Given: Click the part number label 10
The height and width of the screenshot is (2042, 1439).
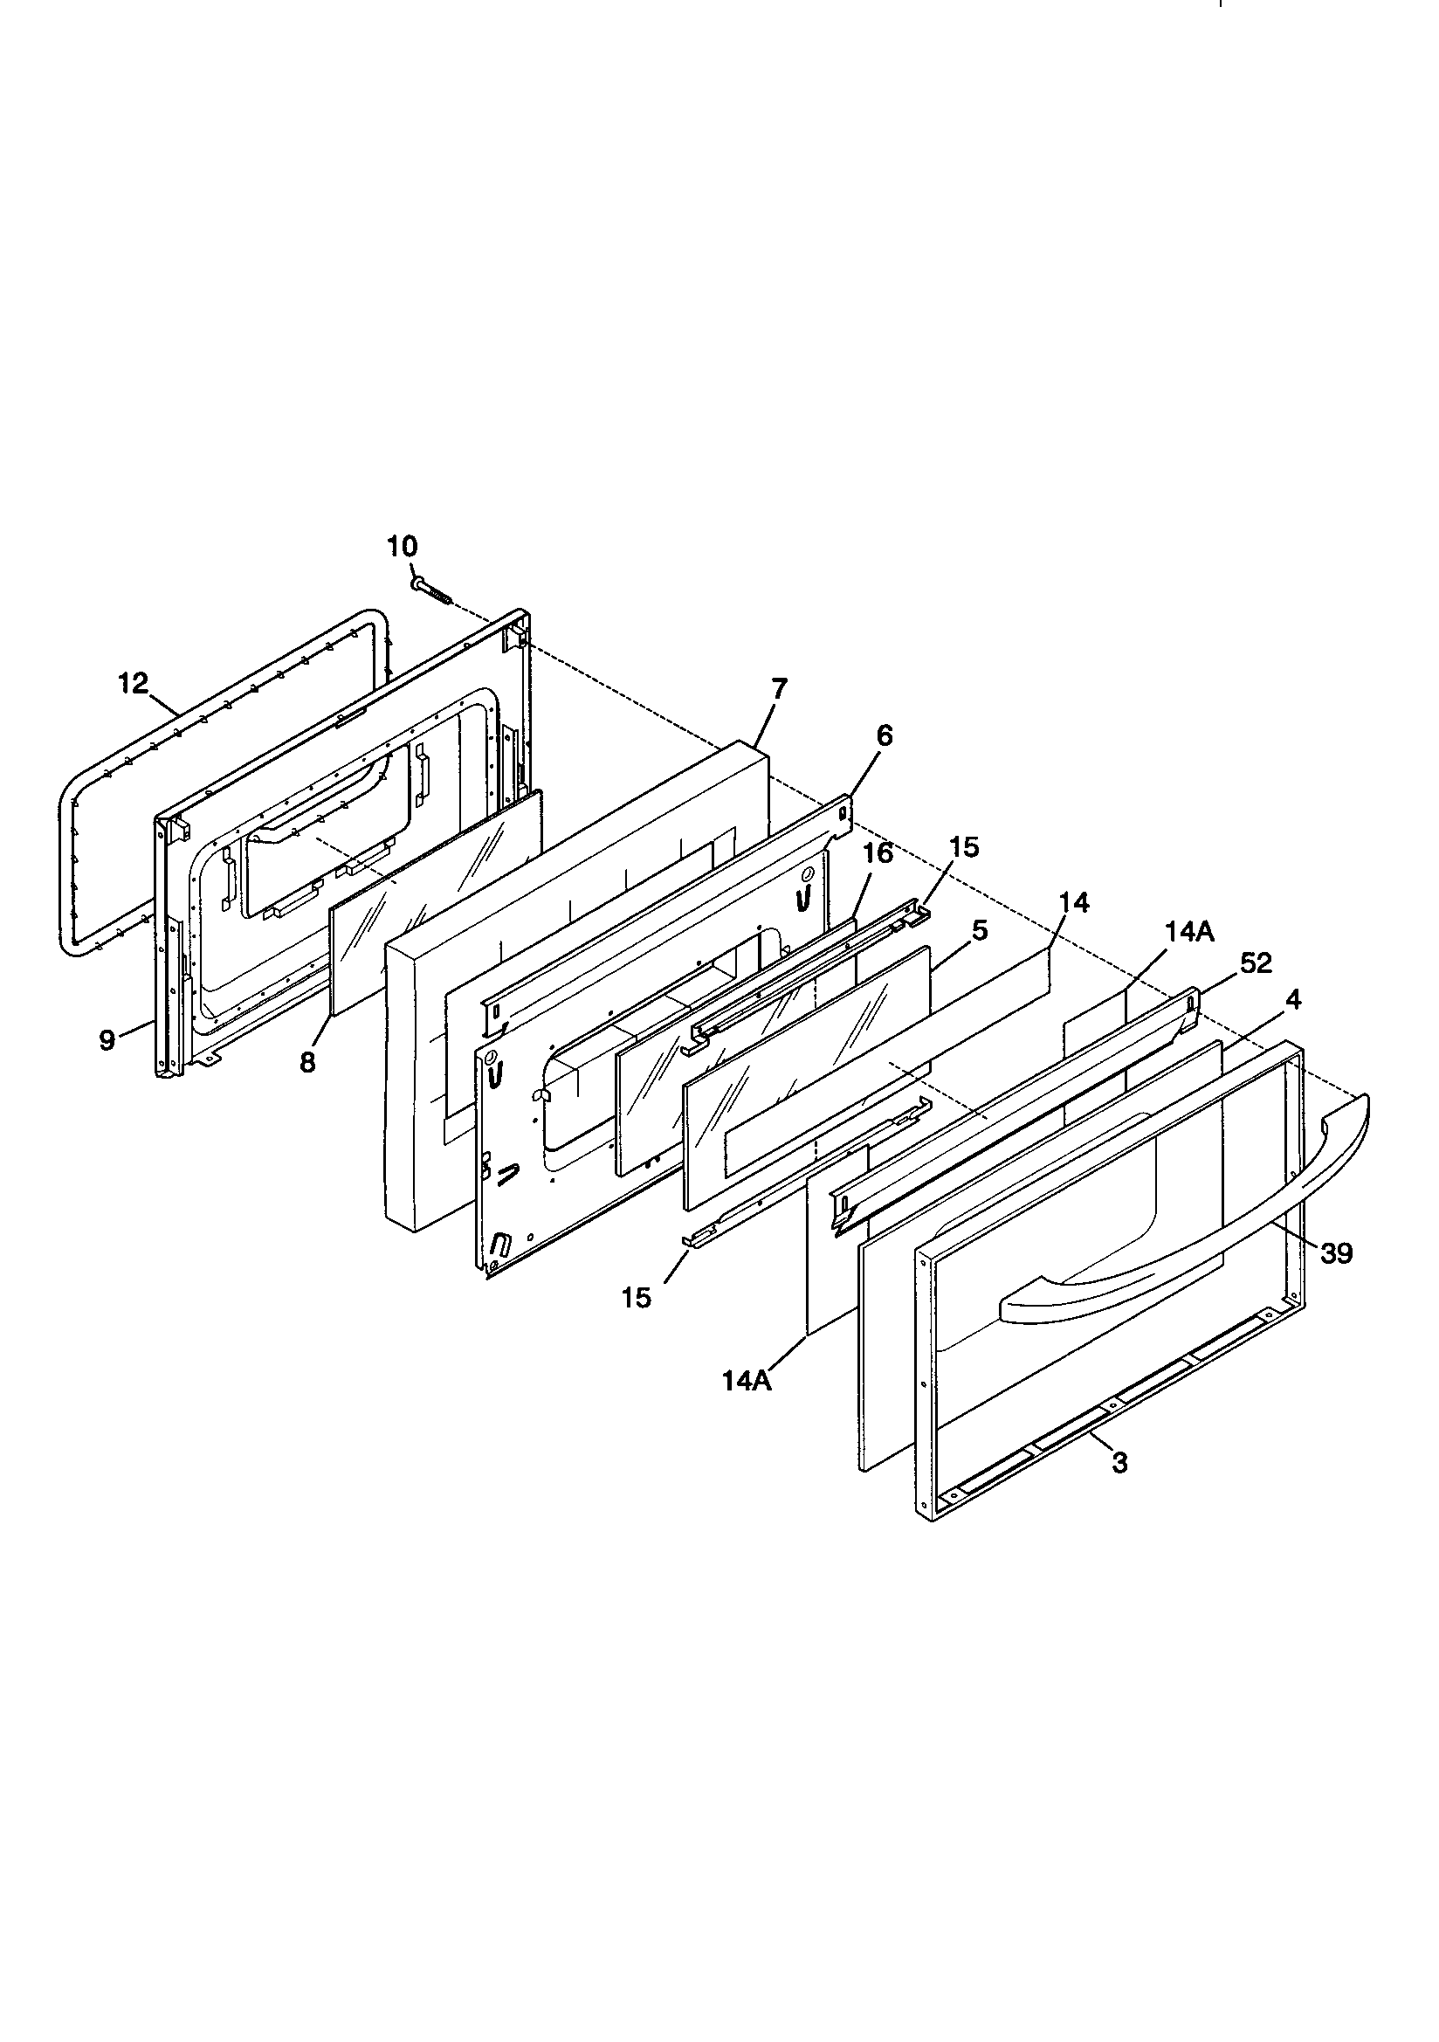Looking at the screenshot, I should tap(402, 546).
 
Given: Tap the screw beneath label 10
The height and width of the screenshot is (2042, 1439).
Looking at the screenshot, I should tap(430, 590).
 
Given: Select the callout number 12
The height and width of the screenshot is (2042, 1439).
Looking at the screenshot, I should tap(134, 685).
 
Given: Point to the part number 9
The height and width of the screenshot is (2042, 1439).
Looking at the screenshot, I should tap(107, 1040).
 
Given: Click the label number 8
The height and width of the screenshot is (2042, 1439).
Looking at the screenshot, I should tap(307, 1063).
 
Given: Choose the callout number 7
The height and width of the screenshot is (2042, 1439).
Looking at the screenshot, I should tap(779, 689).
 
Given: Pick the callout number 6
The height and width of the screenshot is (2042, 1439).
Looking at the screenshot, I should tap(884, 736).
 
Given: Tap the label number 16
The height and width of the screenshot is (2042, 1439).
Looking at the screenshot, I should tap(878, 855).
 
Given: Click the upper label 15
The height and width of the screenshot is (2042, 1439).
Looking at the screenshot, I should tap(963, 847).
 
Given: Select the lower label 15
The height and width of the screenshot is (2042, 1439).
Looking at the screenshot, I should tap(637, 1298).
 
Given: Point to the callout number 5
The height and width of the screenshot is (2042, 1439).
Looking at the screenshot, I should tap(979, 931).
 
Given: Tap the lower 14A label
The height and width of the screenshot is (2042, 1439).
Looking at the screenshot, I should tap(747, 1382).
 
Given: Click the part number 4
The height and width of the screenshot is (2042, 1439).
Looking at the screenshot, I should tap(1293, 1000).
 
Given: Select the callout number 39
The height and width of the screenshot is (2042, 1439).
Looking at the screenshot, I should tap(1336, 1253).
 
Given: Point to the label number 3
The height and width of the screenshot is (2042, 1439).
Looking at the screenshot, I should tap(1119, 1462).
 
